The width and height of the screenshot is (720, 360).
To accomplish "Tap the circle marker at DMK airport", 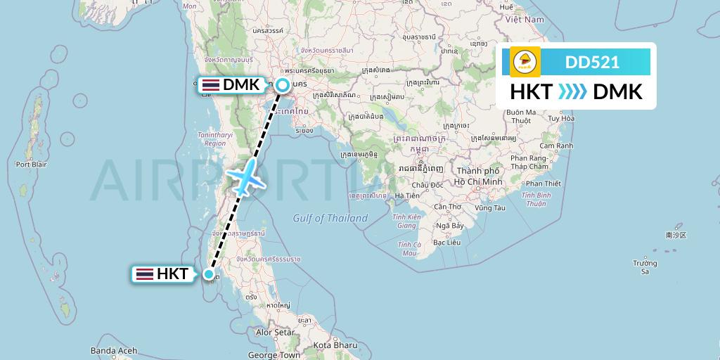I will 283,86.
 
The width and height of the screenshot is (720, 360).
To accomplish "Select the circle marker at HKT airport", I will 209,274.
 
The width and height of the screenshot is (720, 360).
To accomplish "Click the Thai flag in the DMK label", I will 210,85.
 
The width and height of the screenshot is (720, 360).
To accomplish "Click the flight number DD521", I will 592,62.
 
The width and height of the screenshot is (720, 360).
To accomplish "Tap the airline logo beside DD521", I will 525,62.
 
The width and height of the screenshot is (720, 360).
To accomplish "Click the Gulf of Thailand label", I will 330,218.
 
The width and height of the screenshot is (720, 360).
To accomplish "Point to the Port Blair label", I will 31,165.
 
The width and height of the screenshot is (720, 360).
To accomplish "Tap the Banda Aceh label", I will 113,350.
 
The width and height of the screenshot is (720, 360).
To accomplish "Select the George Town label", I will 274,355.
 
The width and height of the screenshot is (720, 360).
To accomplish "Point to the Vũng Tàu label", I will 490,207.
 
